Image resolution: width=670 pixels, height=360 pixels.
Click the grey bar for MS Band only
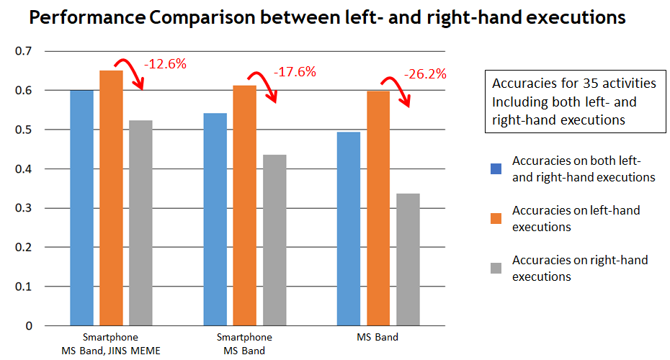(408, 259)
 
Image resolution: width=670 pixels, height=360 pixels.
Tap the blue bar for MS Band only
(349, 228)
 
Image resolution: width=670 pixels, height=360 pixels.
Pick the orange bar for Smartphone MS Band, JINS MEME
(111, 198)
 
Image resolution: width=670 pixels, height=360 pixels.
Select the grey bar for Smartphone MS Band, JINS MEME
(141, 222)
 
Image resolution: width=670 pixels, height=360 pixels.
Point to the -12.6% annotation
(165, 64)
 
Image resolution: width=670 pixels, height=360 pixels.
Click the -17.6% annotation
(295, 72)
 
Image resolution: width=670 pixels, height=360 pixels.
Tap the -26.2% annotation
(425, 73)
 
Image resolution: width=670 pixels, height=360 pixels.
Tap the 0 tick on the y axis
(29, 325)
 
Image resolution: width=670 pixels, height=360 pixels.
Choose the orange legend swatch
(495, 218)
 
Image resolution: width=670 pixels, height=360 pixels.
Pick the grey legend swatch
(495, 268)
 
